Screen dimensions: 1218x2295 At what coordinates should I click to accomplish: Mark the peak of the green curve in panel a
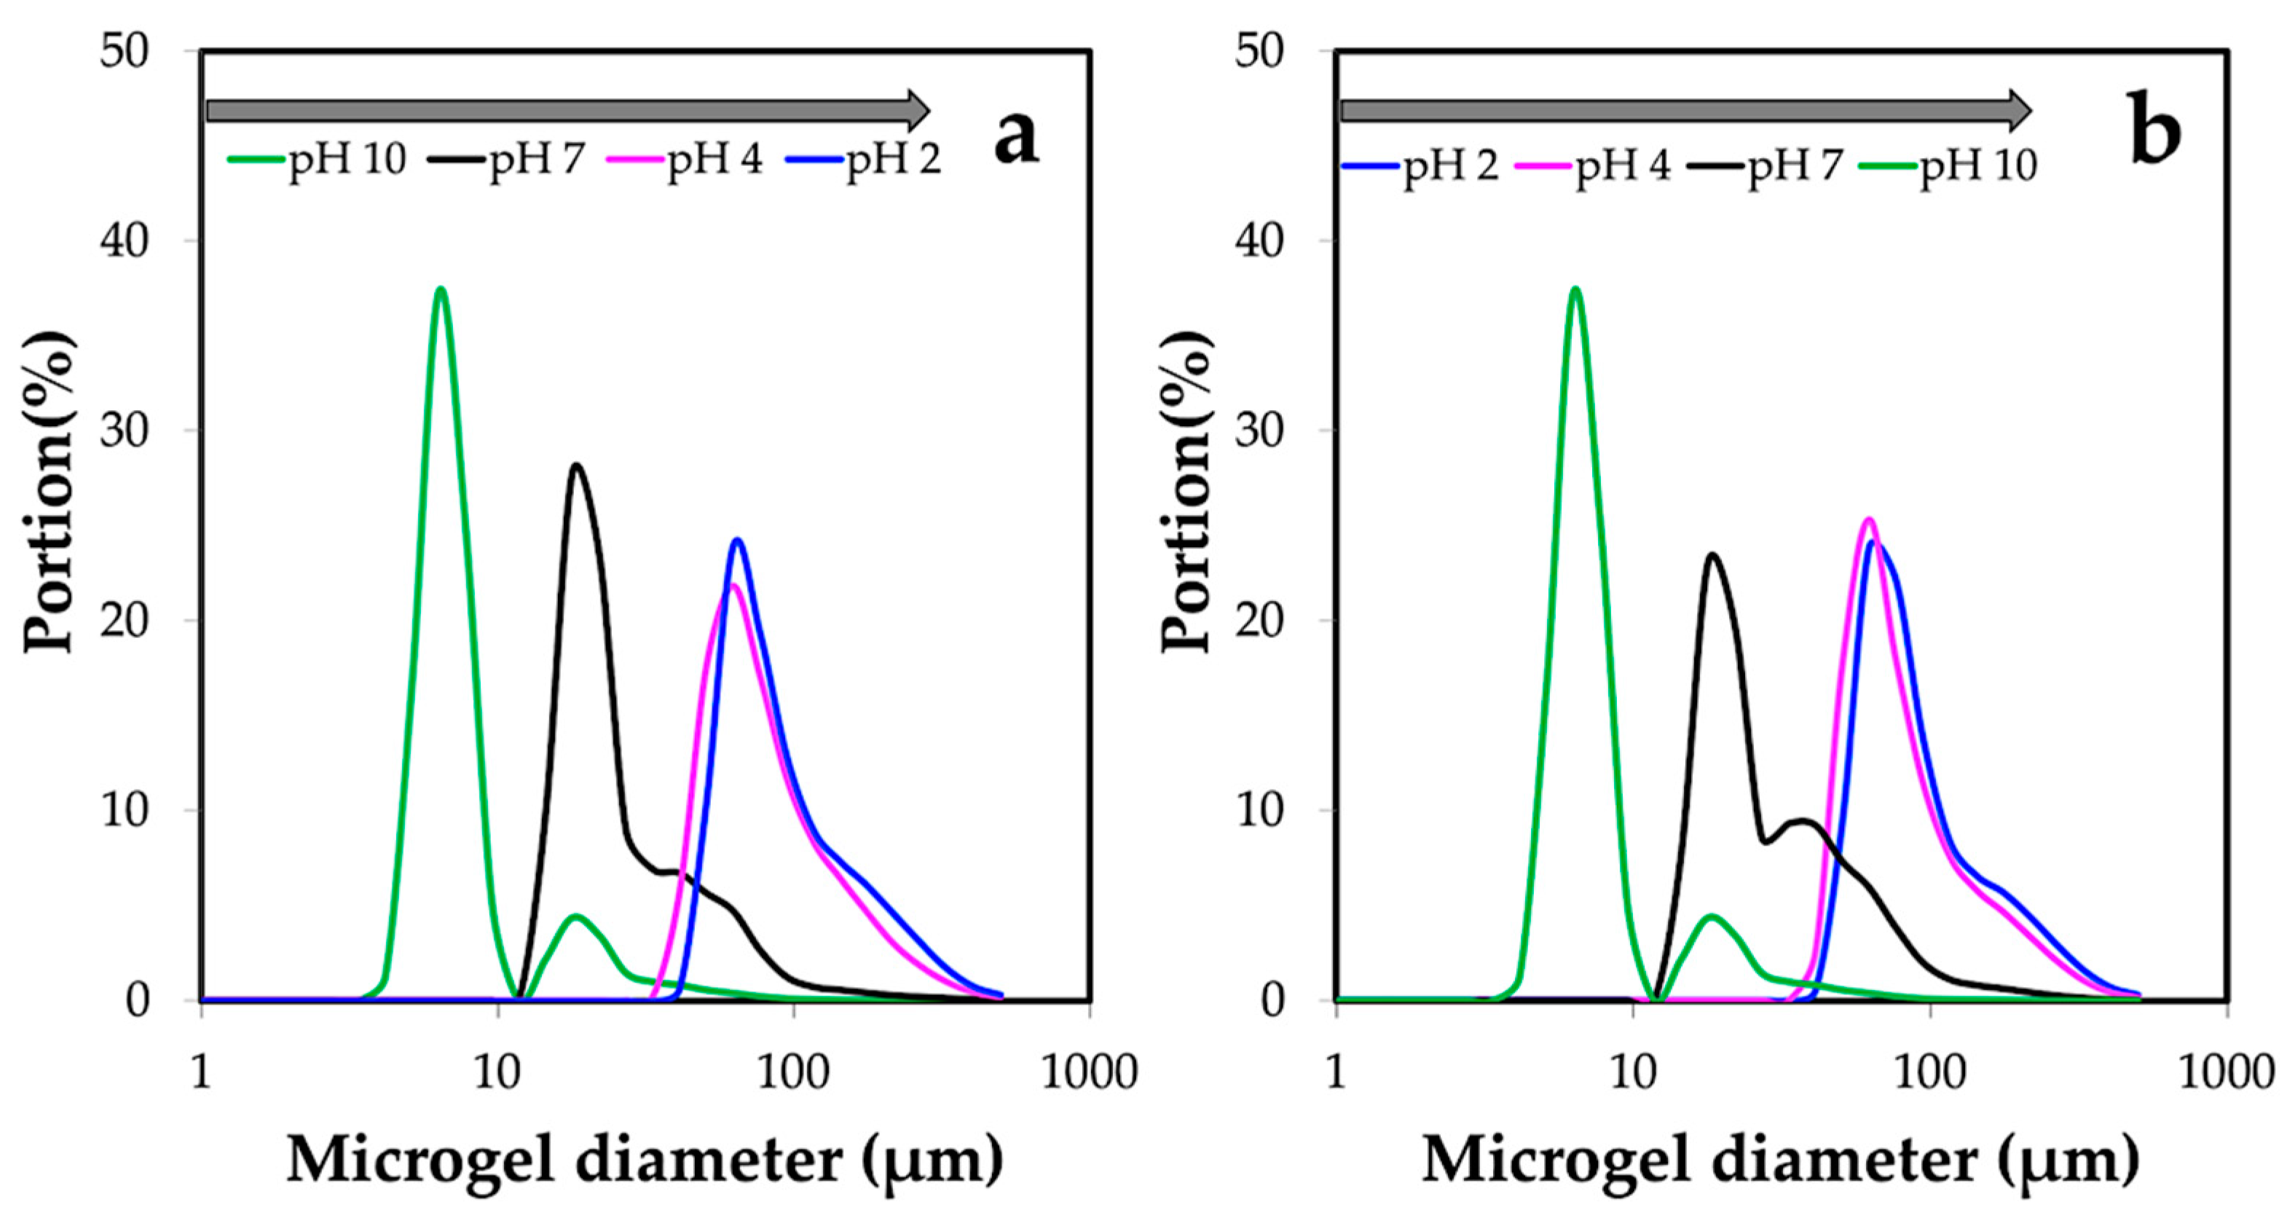pyautogui.click(x=440, y=290)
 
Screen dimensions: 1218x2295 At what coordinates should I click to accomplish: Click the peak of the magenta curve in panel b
pyautogui.click(x=1869, y=519)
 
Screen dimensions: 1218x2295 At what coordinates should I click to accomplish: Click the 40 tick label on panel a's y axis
pyautogui.click(x=125, y=240)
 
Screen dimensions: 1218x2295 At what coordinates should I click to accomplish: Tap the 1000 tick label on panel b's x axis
pyautogui.click(x=2226, y=1071)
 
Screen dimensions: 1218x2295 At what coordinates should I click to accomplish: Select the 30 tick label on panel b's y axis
pyautogui.click(x=1260, y=431)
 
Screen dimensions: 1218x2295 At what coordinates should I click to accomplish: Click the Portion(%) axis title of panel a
pyautogui.click(x=49, y=492)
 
